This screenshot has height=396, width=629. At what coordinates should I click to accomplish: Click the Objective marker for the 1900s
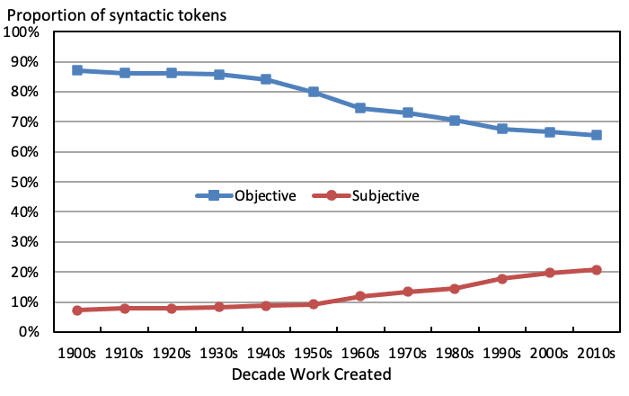point(78,70)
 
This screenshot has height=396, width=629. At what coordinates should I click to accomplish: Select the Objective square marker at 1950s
point(314,92)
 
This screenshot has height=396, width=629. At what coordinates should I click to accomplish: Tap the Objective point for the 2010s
point(596,135)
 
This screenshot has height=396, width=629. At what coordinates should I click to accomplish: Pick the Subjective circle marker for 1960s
point(360,296)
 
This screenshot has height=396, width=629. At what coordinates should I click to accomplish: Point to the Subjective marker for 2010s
point(596,270)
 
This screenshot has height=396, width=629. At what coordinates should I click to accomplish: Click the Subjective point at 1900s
point(78,310)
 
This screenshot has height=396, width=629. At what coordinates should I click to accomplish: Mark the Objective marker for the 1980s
point(455,121)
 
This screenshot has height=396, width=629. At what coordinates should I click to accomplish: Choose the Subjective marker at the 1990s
point(502,279)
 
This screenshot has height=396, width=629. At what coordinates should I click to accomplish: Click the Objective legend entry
point(246,195)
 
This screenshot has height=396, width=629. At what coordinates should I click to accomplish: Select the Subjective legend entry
point(368,195)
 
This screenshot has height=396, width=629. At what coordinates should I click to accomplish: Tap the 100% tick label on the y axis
point(22,32)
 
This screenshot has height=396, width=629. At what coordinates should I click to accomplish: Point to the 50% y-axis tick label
point(25,182)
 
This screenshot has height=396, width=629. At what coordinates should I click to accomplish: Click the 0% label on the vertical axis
point(29,332)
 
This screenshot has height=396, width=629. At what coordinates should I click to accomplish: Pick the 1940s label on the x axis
point(266,353)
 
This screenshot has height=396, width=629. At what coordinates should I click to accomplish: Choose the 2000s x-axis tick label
point(549,353)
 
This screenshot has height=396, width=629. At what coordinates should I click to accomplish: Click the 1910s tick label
point(125,353)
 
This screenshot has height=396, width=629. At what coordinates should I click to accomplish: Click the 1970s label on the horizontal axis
point(408,353)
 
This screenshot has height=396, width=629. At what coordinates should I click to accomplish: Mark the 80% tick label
point(25,92)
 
